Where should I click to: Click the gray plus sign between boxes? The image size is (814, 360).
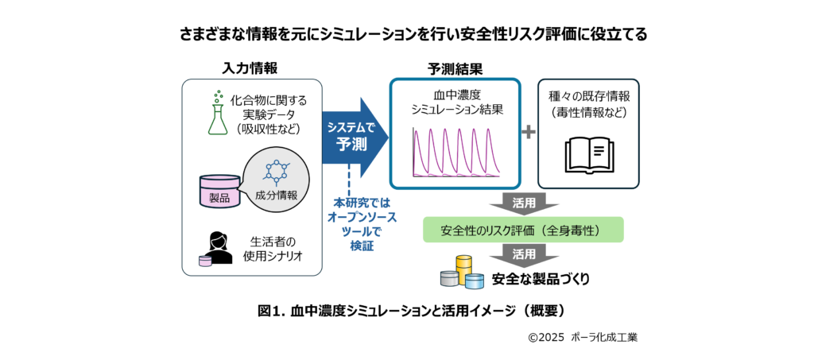pyautogui.click(x=529, y=133)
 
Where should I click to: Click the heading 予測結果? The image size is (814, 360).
pyautogui.click(x=455, y=68)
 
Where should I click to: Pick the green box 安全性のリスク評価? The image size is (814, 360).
pyautogui.click(x=523, y=231)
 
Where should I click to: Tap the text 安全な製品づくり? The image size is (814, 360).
pyautogui.click(x=541, y=279)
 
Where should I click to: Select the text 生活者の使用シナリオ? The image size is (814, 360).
pyautogui.click(x=269, y=250)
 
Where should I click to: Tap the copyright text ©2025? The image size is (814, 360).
pyautogui.click(x=545, y=337)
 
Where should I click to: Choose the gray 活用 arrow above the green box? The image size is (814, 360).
pyautogui.click(x=523, y=203)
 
